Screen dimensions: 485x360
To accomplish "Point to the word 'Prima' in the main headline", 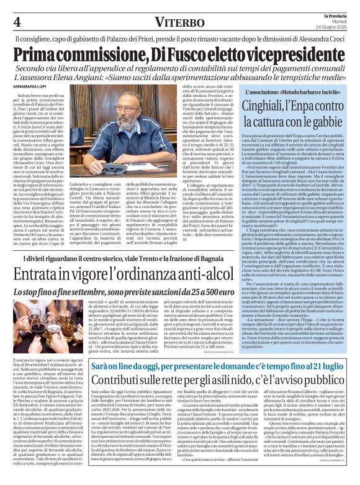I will coord(40,55).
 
